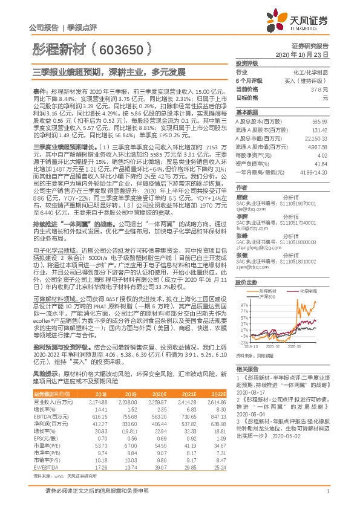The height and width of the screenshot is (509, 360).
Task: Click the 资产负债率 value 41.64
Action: (x=322, y=164)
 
